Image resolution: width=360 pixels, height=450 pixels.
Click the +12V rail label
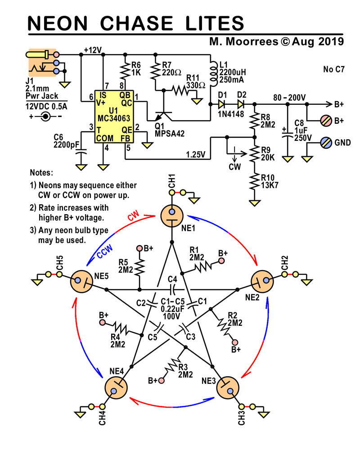point(93,50)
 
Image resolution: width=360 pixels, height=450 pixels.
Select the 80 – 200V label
point(289,97)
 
